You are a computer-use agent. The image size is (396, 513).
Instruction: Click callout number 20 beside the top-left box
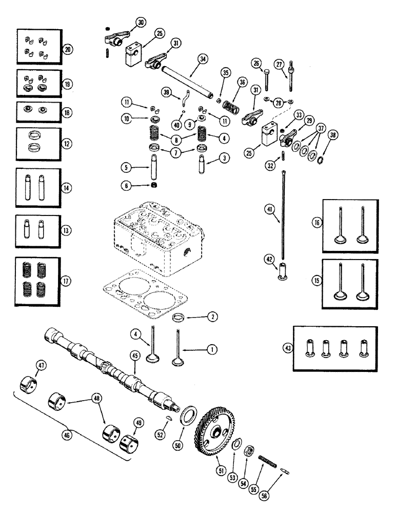67,49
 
